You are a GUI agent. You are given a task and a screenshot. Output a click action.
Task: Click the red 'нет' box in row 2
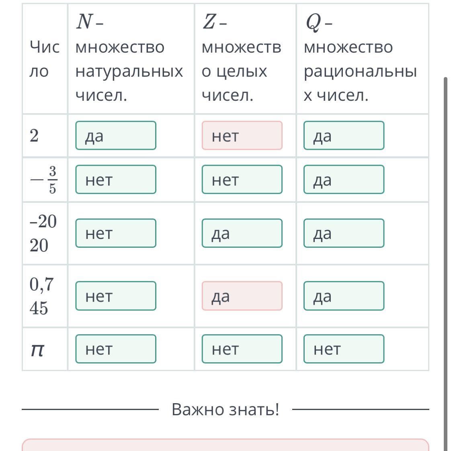(242, 135)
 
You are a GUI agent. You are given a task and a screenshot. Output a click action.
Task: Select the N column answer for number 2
(116, 135)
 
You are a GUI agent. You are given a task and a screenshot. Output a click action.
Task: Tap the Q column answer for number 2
(344, 135)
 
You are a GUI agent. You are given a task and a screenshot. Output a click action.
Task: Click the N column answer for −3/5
(116, 180)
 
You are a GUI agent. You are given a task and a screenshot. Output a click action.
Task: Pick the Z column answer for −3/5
(242, 180)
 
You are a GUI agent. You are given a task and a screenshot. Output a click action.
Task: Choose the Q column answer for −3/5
(344, 180)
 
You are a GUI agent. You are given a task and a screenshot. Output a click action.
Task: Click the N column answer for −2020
(116, 233)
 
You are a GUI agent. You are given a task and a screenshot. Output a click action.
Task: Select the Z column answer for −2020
(242, 233)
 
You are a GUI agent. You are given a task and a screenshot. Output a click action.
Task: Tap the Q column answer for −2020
(344, 233)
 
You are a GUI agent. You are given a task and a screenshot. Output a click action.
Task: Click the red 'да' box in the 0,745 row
(242, 296)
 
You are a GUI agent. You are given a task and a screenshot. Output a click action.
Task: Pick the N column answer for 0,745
(116, 296)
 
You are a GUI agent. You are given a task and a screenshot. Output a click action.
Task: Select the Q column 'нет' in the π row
(344, 349)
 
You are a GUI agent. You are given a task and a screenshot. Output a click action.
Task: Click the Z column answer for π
(242, 349)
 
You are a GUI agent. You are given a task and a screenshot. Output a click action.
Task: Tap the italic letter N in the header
(84, 22)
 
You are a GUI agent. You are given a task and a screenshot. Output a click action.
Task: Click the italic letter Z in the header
(209, 22)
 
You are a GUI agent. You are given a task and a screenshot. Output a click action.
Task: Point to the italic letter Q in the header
(313, 22)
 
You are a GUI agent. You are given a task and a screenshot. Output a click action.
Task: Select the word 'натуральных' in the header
(129, 71)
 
